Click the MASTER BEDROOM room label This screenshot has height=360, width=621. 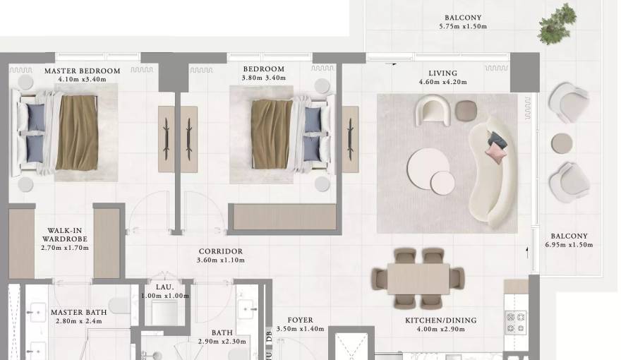coord(82,71)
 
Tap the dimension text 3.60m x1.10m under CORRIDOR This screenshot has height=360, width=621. coord(220,260)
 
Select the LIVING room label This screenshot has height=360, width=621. coord(442,73)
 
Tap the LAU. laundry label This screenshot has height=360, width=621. coord(164,287)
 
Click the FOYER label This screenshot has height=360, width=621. coord(301,320)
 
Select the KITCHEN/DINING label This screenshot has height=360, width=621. coord(440,320)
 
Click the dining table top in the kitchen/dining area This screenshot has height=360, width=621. coord(418,278)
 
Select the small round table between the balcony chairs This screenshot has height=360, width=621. coord(562,143)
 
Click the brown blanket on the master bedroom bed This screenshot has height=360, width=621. coord(77,133)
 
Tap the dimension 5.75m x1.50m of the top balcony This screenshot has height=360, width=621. coord(463,27)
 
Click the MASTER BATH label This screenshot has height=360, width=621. coord(78,312)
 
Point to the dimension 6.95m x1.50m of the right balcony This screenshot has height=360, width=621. coord(569,245)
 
